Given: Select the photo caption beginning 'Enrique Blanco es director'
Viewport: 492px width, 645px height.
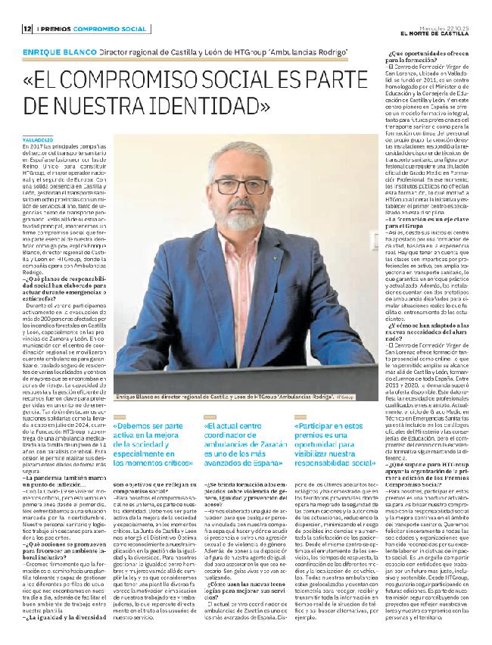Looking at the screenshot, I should (x=223, y=396).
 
